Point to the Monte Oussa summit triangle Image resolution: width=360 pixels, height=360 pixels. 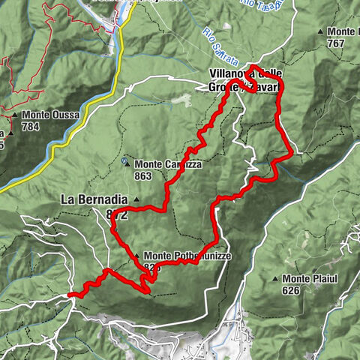[x=16, y=115]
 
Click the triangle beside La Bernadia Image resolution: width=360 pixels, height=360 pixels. [x=136, y=199]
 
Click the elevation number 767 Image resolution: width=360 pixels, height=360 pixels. [x=336, y=43]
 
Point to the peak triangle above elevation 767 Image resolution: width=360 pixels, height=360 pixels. [x=321, y=32]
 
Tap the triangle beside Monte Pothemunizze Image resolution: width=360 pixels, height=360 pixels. [x=136, y=256]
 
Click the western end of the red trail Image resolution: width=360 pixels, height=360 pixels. [x=70, y=295]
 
